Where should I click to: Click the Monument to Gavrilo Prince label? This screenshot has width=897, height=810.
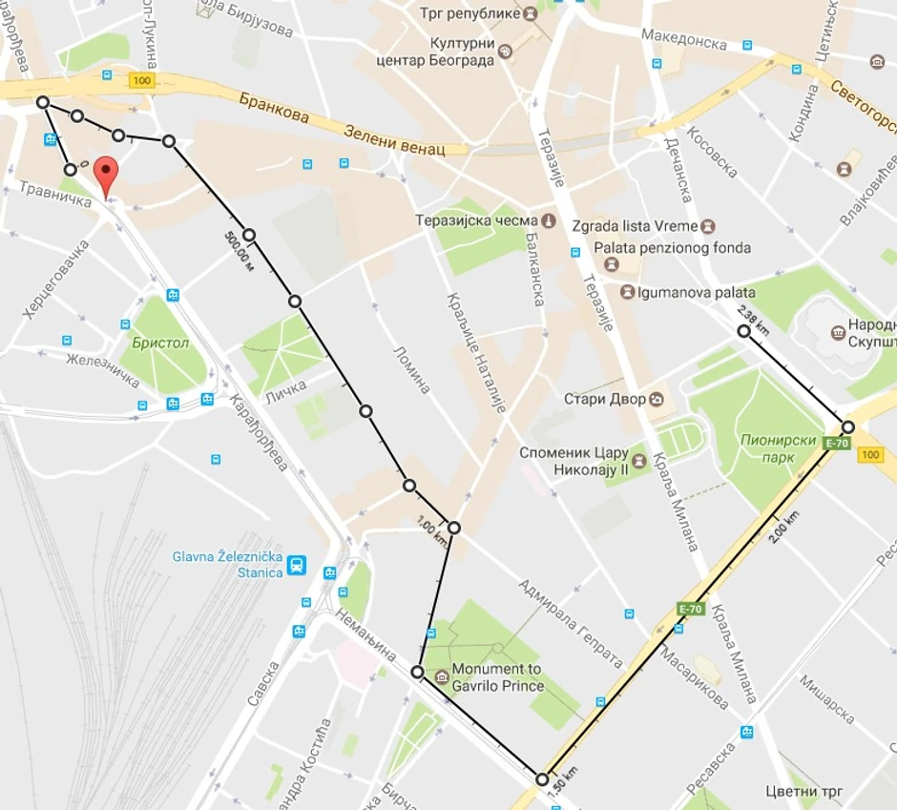[x=496, y=677]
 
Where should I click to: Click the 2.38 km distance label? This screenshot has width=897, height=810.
[x=753, y=320]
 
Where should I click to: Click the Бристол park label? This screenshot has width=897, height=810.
[x=161, y=343]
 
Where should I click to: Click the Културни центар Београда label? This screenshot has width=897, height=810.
[x=462, y=52]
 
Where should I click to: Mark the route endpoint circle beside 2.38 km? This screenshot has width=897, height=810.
[x=743, y=331]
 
